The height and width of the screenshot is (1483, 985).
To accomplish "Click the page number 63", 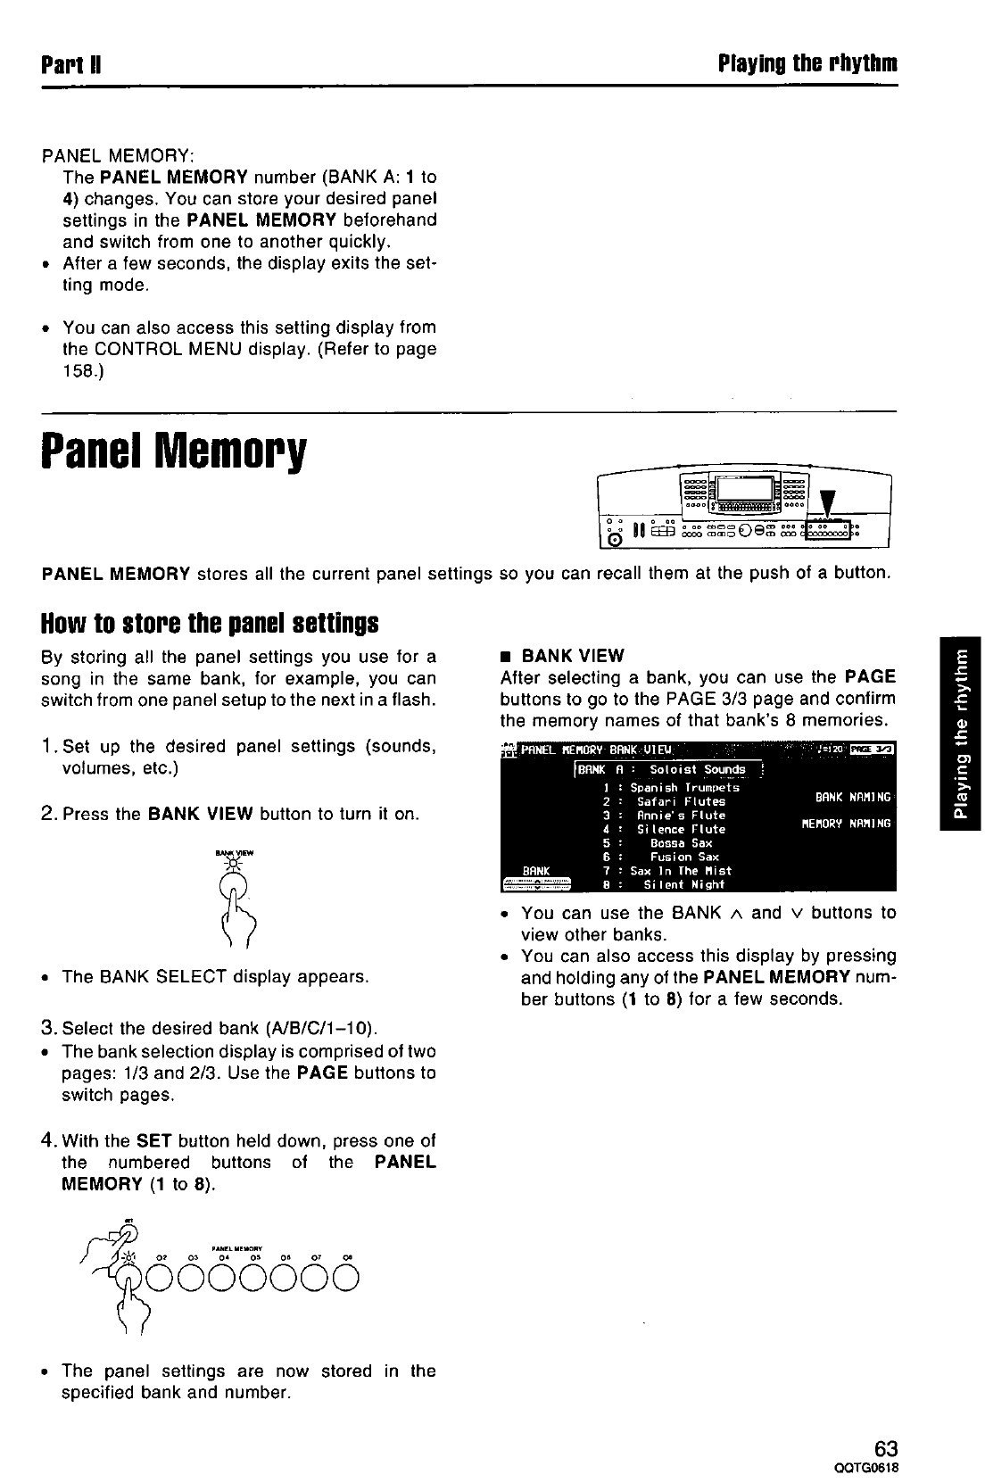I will pos(885,1447).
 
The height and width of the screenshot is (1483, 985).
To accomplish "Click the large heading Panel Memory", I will pos(174,455).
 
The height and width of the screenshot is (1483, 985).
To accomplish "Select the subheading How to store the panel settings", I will pos(211,620).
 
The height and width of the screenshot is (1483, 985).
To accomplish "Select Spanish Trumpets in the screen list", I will pos(684,787).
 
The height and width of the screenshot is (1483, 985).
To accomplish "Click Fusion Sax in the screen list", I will pos(684,857).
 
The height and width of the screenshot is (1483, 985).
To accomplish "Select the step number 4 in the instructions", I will pos(49,1140).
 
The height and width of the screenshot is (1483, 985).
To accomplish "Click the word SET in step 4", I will pos(147,1140).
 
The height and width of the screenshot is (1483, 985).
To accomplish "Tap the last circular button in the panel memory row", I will pos(348,1280).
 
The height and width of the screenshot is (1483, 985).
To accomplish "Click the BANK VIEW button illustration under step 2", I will pos(235,886).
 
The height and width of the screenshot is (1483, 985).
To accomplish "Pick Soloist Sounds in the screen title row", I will pos(697,769).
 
